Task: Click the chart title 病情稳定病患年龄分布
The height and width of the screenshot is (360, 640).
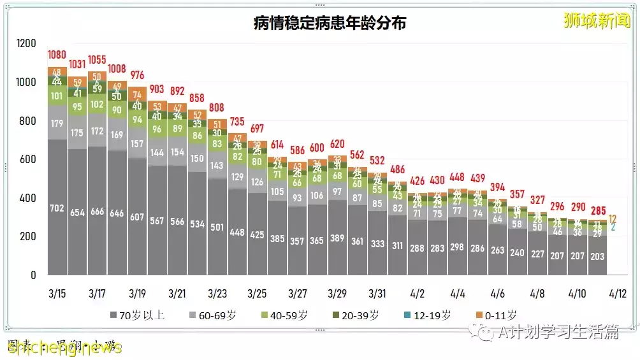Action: [330, 24]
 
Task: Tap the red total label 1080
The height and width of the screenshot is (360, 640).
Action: [57, 55]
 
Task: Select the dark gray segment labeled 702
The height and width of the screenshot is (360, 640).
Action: [57, 207]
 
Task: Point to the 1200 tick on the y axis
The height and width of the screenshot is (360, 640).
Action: [27, 43]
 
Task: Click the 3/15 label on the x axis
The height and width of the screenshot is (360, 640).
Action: [57, 294]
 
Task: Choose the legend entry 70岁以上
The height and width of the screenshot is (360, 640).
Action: [137, 315]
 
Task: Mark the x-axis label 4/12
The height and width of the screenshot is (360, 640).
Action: [617, 294]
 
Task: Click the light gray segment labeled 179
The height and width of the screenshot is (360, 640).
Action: [57, 123]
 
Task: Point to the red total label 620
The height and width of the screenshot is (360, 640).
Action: [337, 143]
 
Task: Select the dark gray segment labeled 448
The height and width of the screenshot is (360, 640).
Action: [237, 232]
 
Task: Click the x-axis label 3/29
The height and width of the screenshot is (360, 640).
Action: [337, 294]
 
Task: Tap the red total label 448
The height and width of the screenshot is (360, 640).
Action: [457, 176]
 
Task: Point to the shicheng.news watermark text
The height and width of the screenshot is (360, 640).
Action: [64, 347]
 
